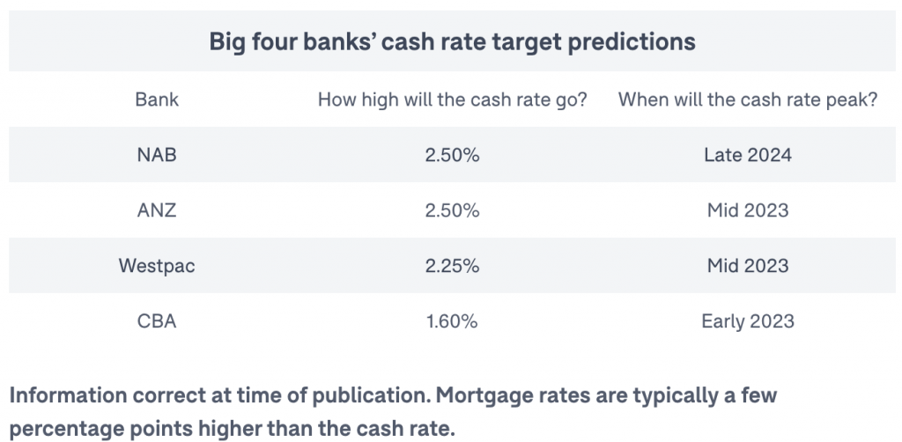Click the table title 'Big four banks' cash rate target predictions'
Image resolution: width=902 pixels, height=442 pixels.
tap(452, 41)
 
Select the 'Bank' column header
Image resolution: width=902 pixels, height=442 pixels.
tap(157, 100)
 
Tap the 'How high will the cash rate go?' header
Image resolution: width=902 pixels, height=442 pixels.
tap(452, 100)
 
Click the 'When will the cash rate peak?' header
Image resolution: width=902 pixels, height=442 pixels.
tap(748, 100)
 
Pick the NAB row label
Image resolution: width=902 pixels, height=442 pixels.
tap(157, 155)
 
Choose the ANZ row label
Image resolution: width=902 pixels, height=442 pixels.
tap(157, 210)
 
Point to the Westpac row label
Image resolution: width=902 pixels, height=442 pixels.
tap(157, 266)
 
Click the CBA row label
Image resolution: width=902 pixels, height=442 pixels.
tap(157, 320)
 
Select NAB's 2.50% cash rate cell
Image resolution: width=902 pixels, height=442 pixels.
tap(452, 155)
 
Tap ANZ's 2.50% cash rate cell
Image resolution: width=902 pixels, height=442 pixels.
tap(452, 210)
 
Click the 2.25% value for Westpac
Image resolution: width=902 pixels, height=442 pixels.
tap(452, 266)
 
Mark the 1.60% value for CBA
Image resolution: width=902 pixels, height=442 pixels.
tap(452, 320)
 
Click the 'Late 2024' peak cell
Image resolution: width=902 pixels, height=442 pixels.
tap(748, 155)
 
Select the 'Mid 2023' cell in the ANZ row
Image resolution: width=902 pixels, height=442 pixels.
tap(748, 210)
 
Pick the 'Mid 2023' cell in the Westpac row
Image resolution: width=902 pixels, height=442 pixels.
tap(748, 266)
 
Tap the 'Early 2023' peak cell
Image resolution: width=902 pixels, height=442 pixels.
tap(748, 320)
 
